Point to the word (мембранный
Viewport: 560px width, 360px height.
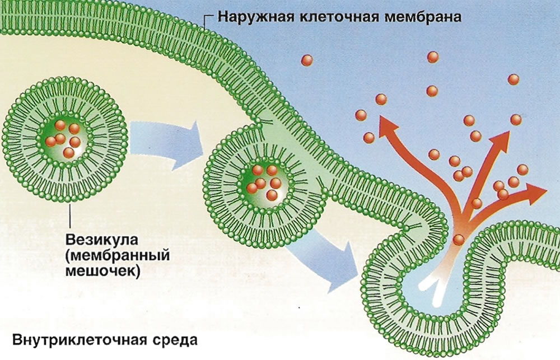pyautogui.click(x=118, y=256)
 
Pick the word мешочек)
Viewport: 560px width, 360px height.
pyautogui.click(x=102, y=272)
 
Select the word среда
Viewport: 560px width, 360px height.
pyautogui.click(x=175, y=340)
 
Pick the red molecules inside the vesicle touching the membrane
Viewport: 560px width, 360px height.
pyautogui.click(x=264, y=183)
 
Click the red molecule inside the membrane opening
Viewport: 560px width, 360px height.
pyautogui.click(x=459, y=240)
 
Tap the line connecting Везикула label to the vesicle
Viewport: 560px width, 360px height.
pyautogui.click(x=70, y=216)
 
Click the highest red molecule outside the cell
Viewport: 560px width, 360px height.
pyautogui.click(x=433, y=57)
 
